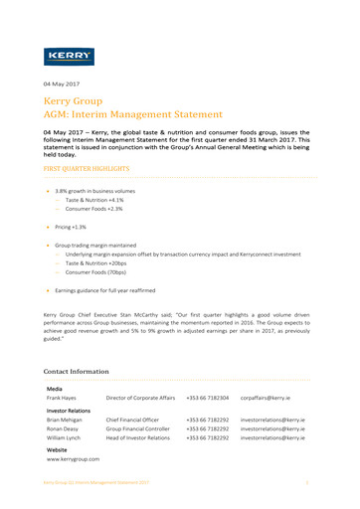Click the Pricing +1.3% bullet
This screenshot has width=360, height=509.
pos(71,227)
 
